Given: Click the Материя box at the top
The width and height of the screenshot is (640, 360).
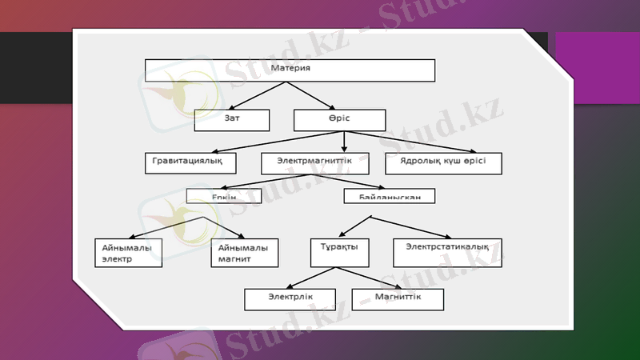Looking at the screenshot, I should tap(290, 70).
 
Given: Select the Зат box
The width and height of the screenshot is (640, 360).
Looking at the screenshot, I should tap(232, 120).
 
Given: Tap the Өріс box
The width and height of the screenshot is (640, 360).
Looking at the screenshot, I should tap(339, 120).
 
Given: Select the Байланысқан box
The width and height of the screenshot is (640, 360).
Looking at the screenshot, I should tap(390, 195).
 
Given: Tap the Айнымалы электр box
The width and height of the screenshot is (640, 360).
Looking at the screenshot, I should tap(128, 252).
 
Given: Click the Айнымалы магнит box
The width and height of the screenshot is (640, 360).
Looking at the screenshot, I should tap(244, 252).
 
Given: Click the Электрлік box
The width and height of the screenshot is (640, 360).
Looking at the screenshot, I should tap(290, 298).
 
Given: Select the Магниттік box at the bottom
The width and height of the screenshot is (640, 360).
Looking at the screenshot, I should tap(398, 298).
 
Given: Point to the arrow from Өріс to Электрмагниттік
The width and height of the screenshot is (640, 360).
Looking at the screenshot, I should tap(344, 141).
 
